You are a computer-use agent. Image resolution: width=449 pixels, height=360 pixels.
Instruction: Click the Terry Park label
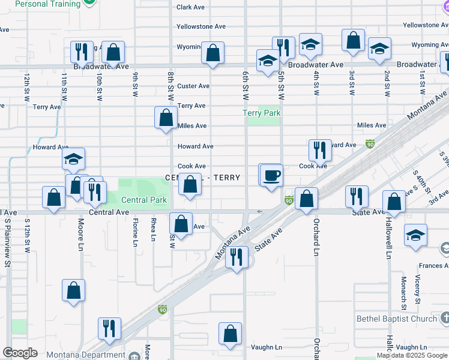(x=262, y=113)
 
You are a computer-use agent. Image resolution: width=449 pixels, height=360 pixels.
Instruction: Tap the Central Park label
(x=143, y=200)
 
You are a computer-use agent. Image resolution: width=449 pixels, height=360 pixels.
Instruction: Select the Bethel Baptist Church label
(x=397, y=319)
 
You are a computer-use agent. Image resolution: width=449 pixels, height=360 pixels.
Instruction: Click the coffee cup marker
(x=271, y=175)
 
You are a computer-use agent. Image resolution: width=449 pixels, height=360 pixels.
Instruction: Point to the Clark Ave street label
(x=191, y=8)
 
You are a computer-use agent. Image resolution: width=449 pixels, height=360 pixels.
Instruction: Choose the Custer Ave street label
(x=193, y=86)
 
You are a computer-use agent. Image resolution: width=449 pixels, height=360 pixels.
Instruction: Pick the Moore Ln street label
(x=81, y=234)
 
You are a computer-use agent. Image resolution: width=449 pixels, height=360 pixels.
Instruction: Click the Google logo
(x=20, y=353)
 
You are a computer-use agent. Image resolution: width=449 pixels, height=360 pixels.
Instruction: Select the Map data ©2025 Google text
(x=411, y=355)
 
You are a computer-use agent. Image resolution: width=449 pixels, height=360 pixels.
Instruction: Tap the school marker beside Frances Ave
(x=415, y=236)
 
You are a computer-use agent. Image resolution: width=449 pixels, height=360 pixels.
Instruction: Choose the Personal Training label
(x=47, y=4)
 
